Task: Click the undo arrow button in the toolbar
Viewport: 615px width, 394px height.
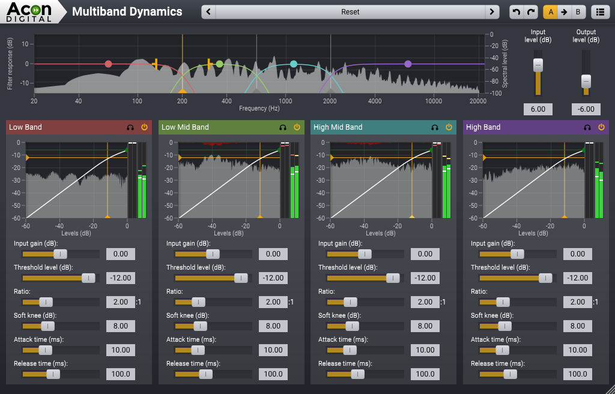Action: coord(516,12)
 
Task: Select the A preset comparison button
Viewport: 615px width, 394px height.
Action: coord(550,12)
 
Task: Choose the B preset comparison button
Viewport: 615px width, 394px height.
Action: coord(578,12)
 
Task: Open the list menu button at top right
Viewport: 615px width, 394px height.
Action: coord(599,12)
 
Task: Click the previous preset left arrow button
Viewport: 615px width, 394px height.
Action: coord(208,12)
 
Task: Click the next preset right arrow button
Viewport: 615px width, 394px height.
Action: coord(492,12)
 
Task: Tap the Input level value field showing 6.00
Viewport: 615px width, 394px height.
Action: coord(538,109)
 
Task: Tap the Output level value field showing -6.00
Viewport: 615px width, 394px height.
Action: coord(586,109)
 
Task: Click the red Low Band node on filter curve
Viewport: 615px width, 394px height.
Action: coord(108,64)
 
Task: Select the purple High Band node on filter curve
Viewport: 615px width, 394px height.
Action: coord(408,64)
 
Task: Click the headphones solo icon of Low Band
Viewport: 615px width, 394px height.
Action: coord(130,127)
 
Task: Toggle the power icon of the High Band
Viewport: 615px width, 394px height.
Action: coord(601,127)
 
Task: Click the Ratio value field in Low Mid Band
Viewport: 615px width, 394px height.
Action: coord(273,302)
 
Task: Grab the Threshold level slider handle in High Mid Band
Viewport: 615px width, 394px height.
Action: coord(393,278)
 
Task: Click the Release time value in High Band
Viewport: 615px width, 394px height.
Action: coord(577,374)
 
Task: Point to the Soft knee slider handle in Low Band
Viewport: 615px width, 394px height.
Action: coord(47,326)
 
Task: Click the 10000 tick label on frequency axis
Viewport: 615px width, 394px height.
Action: coord(433,101)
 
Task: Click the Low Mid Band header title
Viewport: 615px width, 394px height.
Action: coord(185,127)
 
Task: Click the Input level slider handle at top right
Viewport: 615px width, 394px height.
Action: coord(538,65)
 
